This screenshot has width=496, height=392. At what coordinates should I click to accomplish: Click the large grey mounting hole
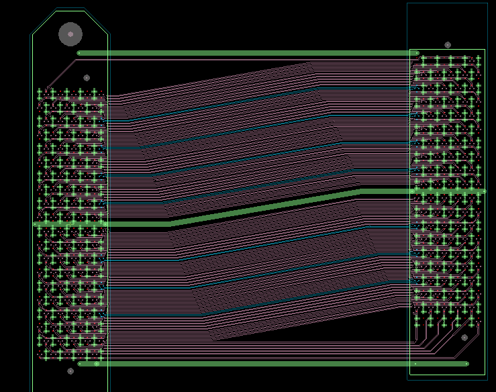tap(70, 34)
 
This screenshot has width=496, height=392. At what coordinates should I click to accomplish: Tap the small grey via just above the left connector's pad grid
tap(87, 78)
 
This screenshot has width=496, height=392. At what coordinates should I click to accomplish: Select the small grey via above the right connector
tap(448, 45)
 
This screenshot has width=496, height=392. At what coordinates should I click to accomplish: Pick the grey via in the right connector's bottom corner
tap(464, 338)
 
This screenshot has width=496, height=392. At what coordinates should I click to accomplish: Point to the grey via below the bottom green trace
tap(70, 371)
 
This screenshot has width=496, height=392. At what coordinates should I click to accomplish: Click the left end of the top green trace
tap(79, 53)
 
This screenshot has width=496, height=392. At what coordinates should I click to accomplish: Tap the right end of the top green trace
tap(417, 53)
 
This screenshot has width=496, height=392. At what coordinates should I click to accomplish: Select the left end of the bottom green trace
tap(80, 364)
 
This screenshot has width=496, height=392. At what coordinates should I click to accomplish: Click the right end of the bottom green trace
tap(467, 364)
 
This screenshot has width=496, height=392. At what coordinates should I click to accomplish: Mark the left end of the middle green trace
tap(36, 224)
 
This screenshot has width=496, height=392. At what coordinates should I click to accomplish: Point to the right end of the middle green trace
tap(483, 191)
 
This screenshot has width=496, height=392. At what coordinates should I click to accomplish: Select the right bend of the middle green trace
tap(360, 192)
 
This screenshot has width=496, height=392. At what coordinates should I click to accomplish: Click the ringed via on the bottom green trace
tap(97, 364)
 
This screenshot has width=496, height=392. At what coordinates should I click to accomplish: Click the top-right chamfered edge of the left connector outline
tap(97, 21)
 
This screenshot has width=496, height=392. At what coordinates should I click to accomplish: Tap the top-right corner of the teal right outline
tap(487, 3)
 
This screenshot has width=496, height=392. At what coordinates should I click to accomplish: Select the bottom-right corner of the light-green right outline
tap(485, 375)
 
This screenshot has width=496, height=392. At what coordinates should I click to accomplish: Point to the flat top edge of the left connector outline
tap(70, 9)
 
